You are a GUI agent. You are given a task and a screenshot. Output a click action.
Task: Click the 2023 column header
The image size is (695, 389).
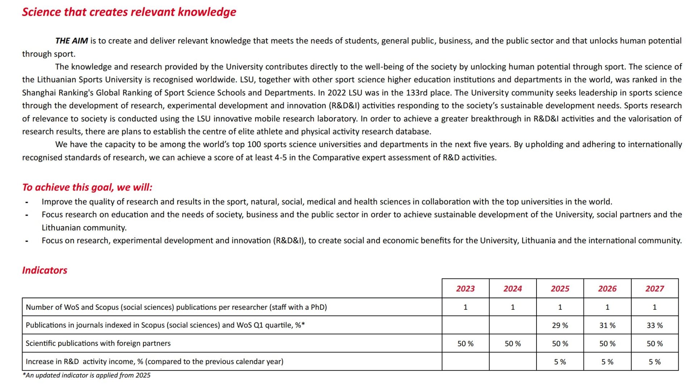(x=465, y=289)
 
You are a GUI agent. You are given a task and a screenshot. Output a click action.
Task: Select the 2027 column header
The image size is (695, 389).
(x=654, y=289)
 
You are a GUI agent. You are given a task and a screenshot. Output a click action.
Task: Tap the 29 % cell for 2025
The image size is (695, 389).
(x=560, y=325)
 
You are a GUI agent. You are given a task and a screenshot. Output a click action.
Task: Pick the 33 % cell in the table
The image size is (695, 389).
(x=654, y=325)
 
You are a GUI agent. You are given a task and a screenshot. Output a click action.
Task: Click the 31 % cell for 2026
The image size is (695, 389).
(x=607, y=325)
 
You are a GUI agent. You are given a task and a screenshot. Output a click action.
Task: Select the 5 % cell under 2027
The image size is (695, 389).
(x=654, y=362)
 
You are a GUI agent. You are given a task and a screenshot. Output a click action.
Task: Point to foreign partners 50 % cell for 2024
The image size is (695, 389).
(x=513, y=343)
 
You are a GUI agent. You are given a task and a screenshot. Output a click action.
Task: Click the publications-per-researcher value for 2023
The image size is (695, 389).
(x=465, y=307)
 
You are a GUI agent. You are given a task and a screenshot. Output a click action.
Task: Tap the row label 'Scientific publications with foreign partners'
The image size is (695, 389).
(x=98, y=343)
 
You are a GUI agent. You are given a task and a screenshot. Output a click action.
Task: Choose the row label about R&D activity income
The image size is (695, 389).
(x=155, y=361)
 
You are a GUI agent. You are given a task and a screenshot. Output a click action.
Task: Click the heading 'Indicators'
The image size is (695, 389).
(x=45, y=270)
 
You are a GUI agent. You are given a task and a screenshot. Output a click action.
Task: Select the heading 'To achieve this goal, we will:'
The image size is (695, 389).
(x=87, y=187)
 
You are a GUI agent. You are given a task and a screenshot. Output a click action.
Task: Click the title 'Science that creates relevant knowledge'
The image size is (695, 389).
(x=129, y=12)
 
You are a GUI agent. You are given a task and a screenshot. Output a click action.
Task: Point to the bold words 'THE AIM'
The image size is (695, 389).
(x=71, y=41)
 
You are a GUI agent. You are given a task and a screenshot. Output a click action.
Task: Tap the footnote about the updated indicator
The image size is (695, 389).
(x=87, y=375)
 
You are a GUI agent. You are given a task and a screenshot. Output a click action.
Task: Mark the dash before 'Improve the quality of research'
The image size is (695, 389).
(x=27, y=202)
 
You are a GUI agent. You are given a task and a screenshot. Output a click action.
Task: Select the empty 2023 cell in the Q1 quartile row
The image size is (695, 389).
(x=465, y=325)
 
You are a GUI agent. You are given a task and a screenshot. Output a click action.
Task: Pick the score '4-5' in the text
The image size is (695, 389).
(x=281, y=158)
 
